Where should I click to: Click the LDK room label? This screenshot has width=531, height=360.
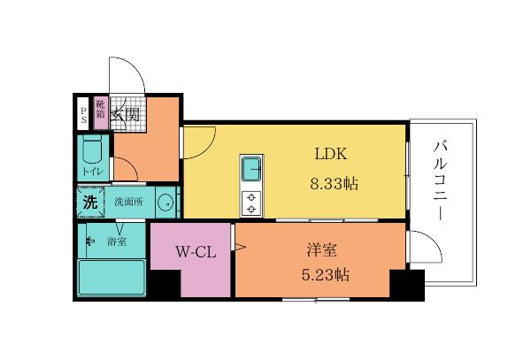pos(330,153)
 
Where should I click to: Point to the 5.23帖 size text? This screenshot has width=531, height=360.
pos(320,274)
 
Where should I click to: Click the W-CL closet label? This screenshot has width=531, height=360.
pos(195,252)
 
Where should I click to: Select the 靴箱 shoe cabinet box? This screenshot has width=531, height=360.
pos(101,110)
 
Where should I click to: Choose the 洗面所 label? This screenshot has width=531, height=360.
pos(129,203)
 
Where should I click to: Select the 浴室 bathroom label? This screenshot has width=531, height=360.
pos(116,240)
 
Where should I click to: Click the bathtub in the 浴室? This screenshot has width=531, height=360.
pos(112,280)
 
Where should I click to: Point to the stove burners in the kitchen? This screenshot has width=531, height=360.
pos(251,203)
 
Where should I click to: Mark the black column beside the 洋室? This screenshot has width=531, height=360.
pos(406,285)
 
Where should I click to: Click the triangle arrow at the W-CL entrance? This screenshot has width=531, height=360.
pos(239,248)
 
